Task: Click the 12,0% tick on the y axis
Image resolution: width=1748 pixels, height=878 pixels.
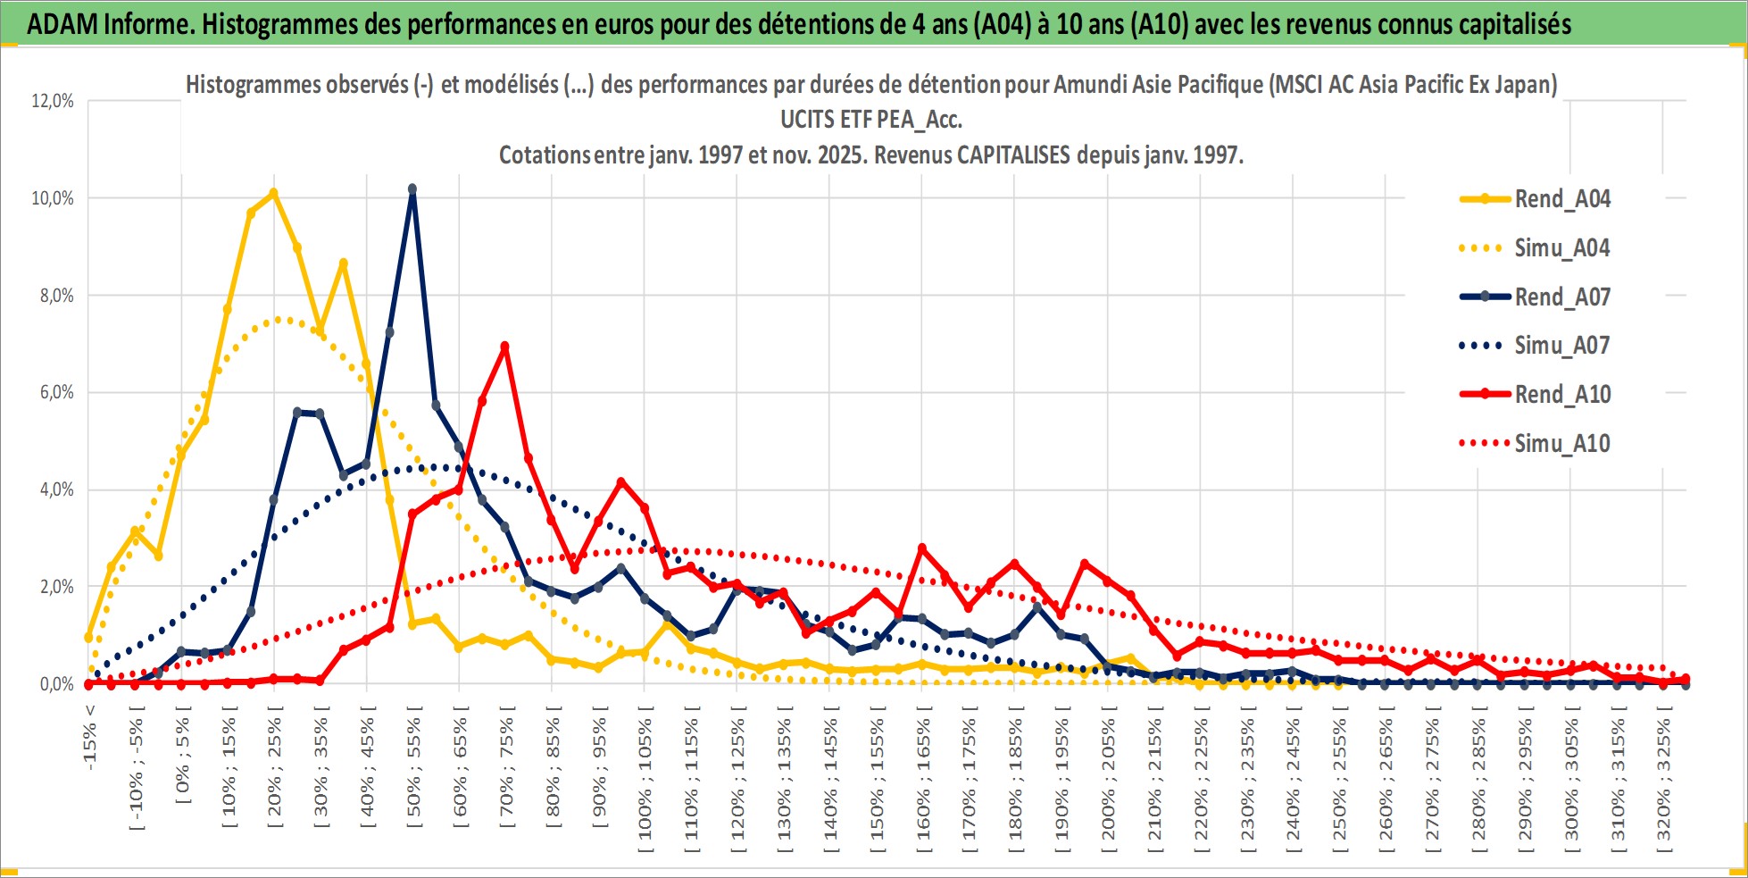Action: [53, 101]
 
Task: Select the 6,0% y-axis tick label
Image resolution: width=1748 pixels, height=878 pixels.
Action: [56, 392]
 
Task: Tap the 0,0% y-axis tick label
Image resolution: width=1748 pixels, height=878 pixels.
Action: [56, 684]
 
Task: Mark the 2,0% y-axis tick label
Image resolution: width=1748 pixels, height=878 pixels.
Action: [56, 587]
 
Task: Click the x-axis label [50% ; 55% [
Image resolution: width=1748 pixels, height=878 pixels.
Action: [413, 773]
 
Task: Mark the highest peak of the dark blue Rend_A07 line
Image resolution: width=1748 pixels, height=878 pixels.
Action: [412, 189]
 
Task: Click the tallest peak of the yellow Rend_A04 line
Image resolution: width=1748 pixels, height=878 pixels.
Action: [273, 193]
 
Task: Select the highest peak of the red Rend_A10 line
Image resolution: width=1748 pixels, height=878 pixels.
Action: [505, 347]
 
